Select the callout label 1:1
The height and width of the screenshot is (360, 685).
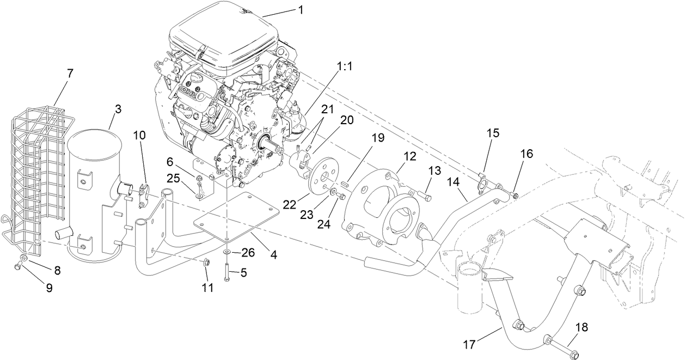(x=345, y=66)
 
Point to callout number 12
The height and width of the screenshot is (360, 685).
(x=410, y=156)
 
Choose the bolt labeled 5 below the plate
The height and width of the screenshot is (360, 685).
(x=226, y=272)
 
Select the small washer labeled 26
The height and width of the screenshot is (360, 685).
(x=225, y=252)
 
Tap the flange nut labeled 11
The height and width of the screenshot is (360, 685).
(x=206, y=263)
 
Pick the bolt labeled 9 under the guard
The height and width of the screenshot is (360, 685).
(x=18, y=265)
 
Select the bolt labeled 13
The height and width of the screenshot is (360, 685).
(x=426, y=195)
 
